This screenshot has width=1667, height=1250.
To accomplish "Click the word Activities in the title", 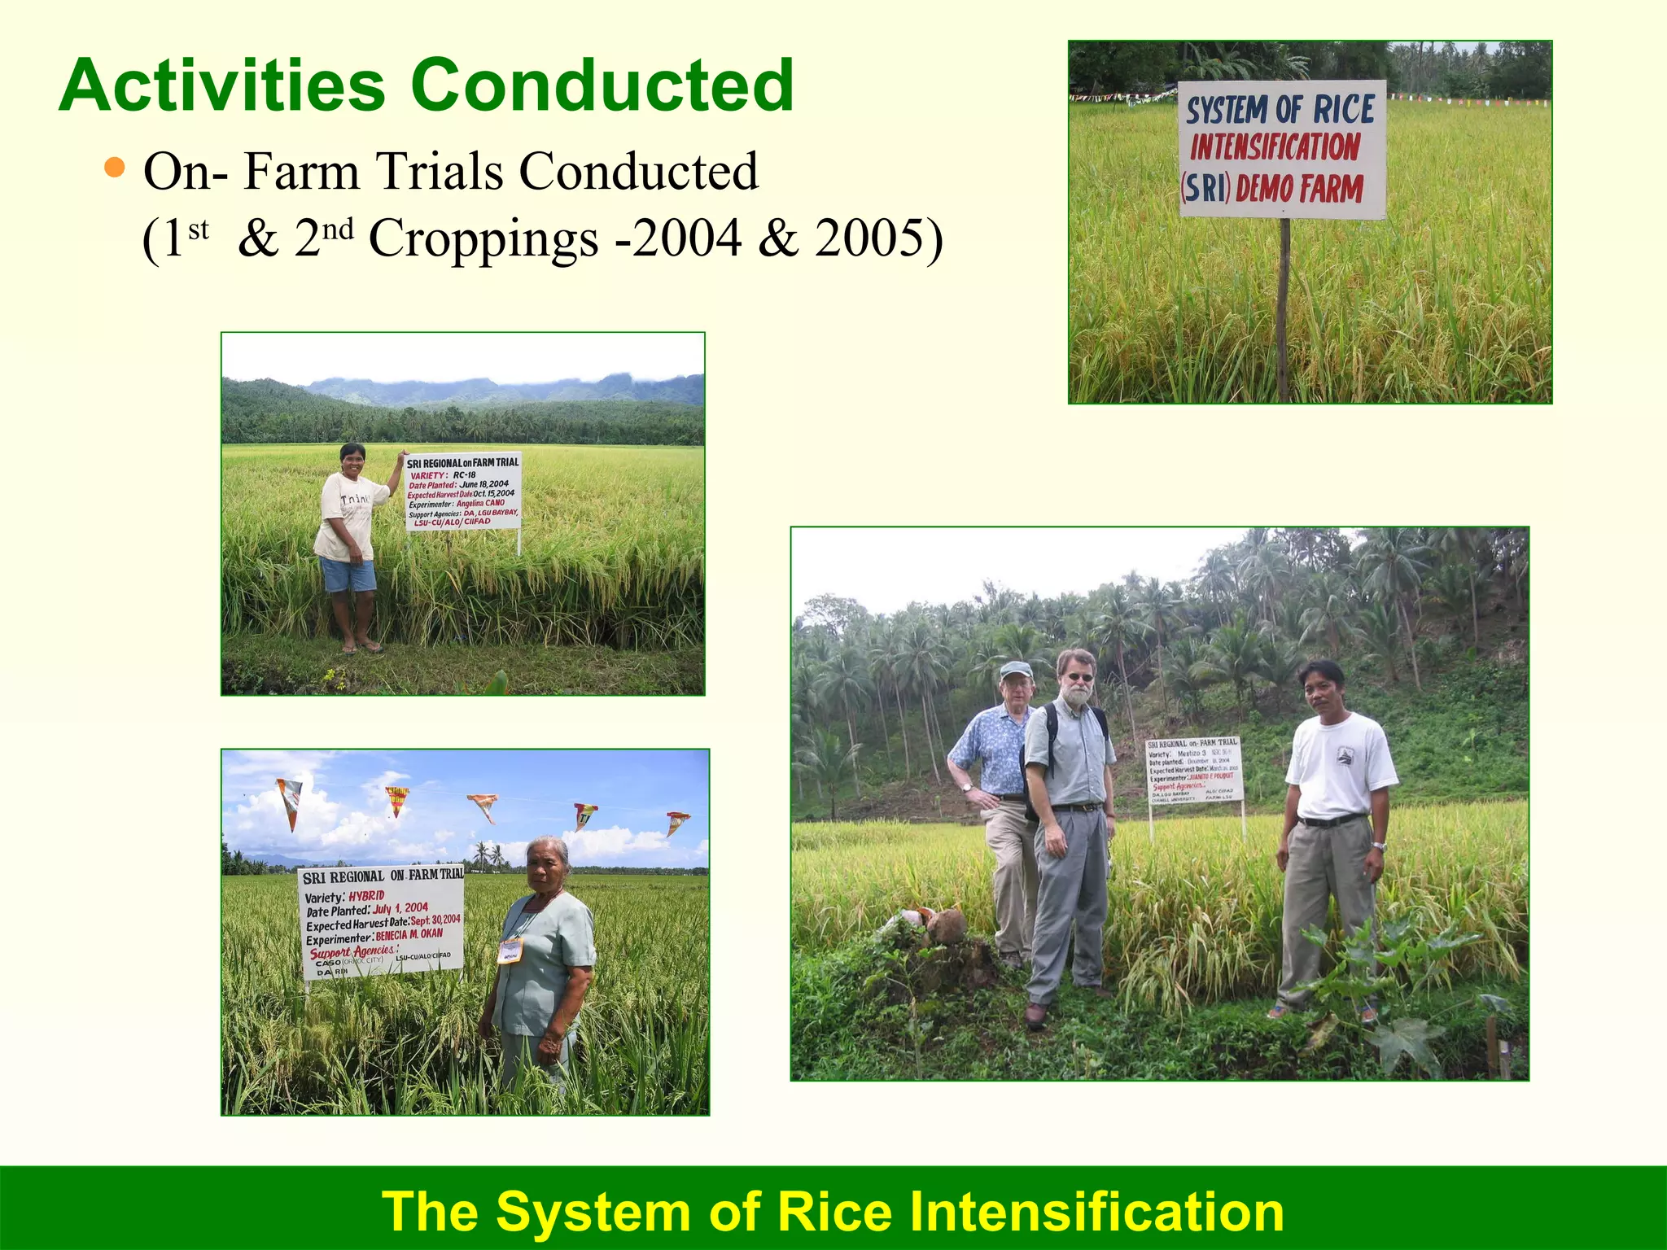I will point(221,85).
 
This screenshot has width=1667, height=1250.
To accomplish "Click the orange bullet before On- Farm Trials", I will point(116,168).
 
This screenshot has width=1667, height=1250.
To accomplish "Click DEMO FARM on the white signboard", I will point(1299,189).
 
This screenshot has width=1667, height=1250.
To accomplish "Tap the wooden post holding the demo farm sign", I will point(1284,309).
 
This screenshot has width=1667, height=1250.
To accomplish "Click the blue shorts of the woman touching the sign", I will point(348,575).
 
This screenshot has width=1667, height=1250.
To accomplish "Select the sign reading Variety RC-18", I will point(462,492).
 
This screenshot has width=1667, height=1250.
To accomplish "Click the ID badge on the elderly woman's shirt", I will point(510,951).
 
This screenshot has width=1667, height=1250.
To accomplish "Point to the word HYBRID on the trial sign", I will point(366,896).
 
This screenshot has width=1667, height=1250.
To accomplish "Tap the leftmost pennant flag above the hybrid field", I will point(289,801).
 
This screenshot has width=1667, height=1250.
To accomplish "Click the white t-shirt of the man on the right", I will point(1340,765).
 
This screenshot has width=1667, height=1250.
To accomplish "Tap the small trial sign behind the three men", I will point(1194,770).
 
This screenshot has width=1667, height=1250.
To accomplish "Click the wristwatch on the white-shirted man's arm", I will point(1378,846).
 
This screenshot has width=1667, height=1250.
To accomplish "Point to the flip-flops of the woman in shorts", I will point(361,648).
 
